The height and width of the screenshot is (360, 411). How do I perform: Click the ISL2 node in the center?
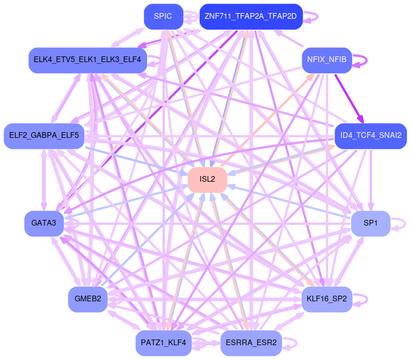207,179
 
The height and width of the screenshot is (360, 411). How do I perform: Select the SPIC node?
163,16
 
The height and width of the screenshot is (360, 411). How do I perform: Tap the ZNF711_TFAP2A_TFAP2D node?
250,16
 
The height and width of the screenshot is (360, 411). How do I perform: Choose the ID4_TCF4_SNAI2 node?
371,136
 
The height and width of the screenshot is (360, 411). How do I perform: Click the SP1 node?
371,223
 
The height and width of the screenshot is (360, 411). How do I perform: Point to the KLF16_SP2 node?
327,298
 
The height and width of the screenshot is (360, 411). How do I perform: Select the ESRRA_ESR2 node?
251,342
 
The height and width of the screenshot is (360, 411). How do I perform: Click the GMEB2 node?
88,298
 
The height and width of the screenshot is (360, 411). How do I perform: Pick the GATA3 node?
43,223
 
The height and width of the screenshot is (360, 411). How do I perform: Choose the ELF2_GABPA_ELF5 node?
44,136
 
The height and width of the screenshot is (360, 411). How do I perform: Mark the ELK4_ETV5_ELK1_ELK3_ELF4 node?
88,59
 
